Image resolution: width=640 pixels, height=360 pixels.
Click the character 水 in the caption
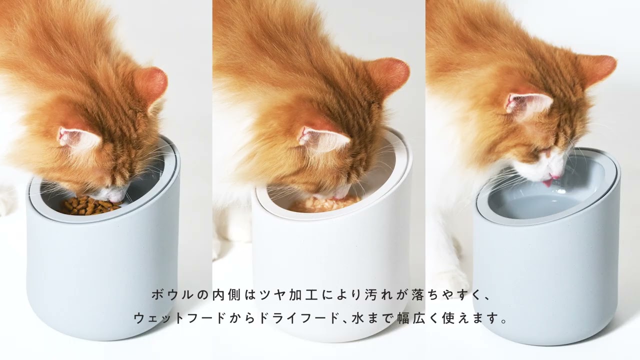coord(359,318)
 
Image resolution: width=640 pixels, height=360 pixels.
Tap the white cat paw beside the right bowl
coord(454,278)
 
